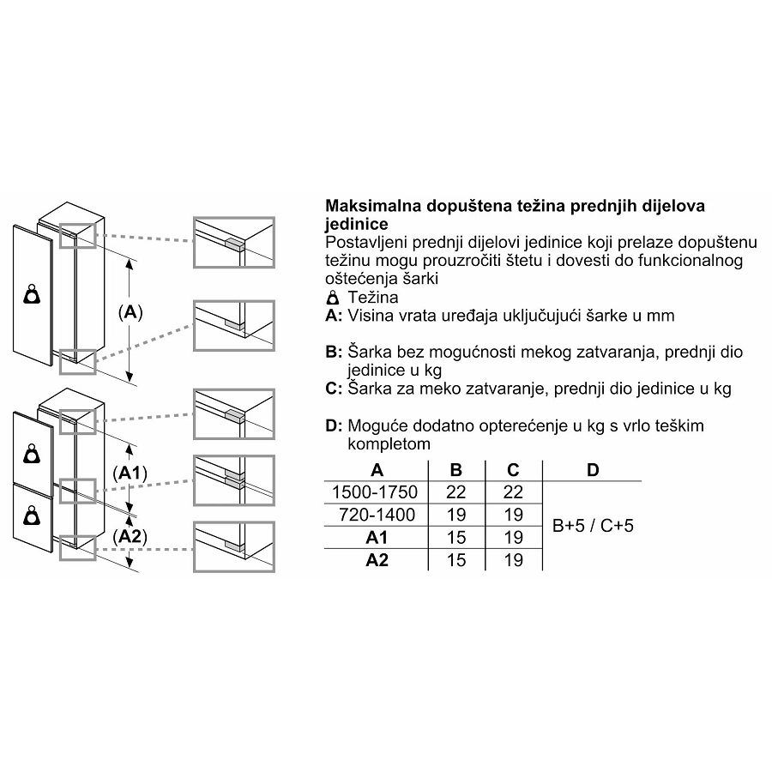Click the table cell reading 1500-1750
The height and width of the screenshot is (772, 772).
[375, 492]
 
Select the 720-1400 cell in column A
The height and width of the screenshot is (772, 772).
[377, 515]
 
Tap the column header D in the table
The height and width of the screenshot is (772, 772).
[593, 470]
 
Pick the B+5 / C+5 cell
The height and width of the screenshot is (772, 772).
[593, 525]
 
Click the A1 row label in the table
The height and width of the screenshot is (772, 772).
[377, 537]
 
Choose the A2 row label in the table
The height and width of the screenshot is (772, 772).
[377, 560]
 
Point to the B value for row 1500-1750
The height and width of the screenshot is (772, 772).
[456, 492]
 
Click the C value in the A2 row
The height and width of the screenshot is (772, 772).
[513, 560]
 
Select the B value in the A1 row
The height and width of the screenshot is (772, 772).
[456, 537]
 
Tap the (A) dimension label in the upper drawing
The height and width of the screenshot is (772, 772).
[130, 312]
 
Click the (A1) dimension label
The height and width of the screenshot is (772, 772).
[130, 473]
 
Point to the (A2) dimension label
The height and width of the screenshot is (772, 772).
[130, 536]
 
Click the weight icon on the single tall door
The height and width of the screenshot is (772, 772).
[32, 294]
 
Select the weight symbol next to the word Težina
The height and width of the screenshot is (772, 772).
[334, 298]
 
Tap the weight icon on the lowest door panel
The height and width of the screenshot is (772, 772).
[32, 515]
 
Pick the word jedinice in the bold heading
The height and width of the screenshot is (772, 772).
[357, 224]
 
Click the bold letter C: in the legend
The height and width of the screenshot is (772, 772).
[334, 389]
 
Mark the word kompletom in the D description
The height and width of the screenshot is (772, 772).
[389, 444]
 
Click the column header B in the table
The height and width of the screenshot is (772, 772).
[456, 470]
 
